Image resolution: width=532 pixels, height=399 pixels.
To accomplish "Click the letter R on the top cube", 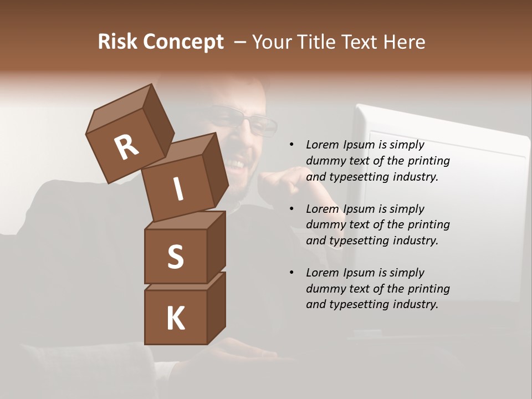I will coord(126,147).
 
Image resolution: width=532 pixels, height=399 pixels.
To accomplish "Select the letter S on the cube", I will coord(175,257).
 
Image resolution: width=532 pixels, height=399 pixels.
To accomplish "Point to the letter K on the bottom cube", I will coord(176,319).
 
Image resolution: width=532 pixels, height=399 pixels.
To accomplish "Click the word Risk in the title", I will coord(118,42).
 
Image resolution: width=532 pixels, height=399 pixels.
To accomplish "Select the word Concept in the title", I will coord(183,42).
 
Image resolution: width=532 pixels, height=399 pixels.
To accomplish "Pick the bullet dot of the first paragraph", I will coord(291,145).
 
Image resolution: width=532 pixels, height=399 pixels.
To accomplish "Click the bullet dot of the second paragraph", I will coord(291,209).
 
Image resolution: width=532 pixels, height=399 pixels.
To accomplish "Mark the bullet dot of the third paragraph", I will coord(291,273).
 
